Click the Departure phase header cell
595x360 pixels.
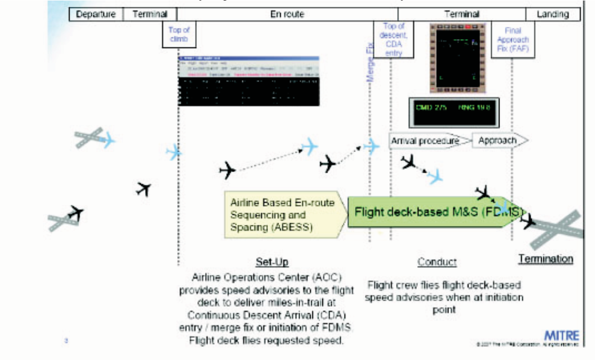(x=95, y=14)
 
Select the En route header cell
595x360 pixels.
(x=287, y=14)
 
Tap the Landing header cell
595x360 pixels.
(x=552, y=14)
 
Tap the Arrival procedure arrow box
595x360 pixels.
(x=425, y=141)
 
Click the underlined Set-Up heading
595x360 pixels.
(x=272, y=262)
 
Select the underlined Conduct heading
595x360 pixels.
(x=437, y=262)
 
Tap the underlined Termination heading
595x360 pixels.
(x=545, y=259)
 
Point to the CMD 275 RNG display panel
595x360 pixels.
(x=453, y=112)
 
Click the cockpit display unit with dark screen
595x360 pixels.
(x=457, y=56)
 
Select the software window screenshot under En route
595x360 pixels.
(x=249, y=80)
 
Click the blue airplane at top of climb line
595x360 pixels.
(x=174, y=153)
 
